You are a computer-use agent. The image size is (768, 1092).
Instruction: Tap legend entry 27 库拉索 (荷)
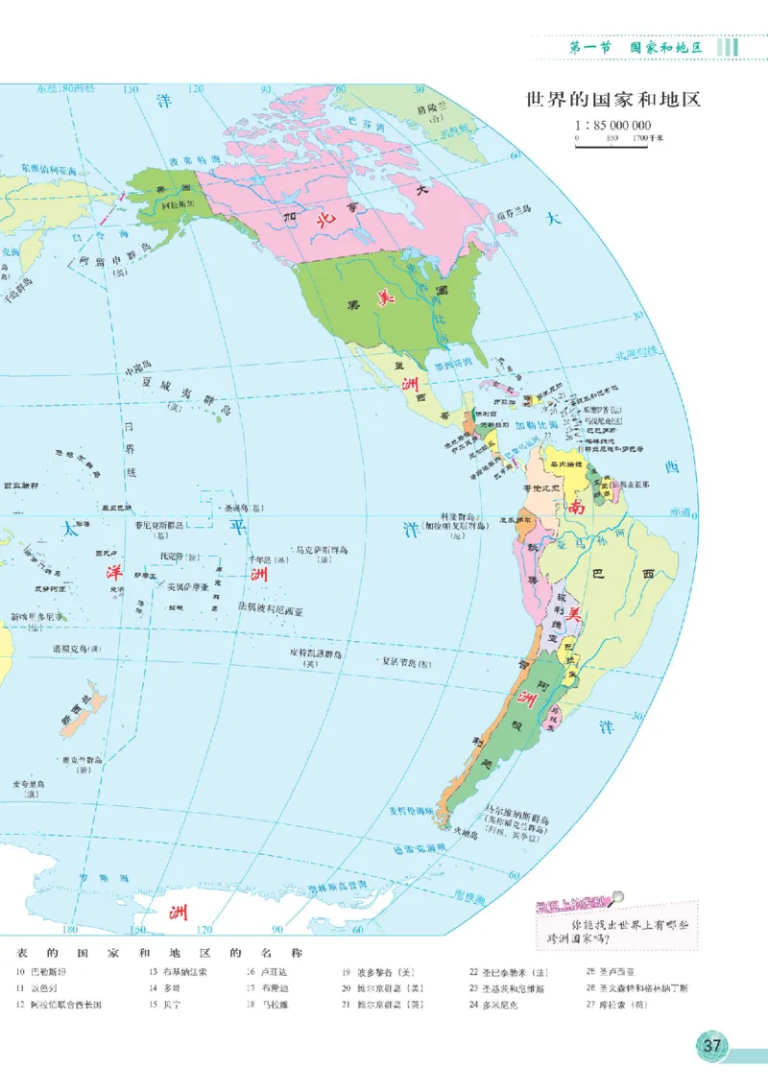(x=624, y=1005)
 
